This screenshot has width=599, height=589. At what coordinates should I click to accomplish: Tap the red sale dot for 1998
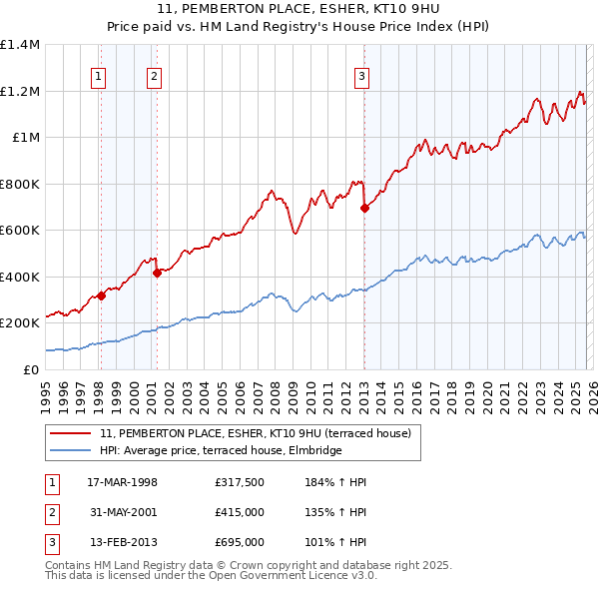pyautogui.click(x=102, y=296)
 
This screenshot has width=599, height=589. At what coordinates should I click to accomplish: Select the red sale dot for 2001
pyautogui.click(x=158, y=273)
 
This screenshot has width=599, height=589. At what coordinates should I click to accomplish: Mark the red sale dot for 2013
pyautogui.click(x=364, y=209)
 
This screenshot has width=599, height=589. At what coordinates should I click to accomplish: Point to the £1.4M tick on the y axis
pyautogui.click(x=20, y=45)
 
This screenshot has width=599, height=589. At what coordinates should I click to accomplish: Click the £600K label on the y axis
pyautogui.click(x=20, y=231)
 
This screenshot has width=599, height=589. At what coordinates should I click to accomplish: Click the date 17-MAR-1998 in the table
pyautogui.click(x=123, y=482)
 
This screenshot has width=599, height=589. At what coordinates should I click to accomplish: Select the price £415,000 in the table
pyautogui.click(x=239, y=512)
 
